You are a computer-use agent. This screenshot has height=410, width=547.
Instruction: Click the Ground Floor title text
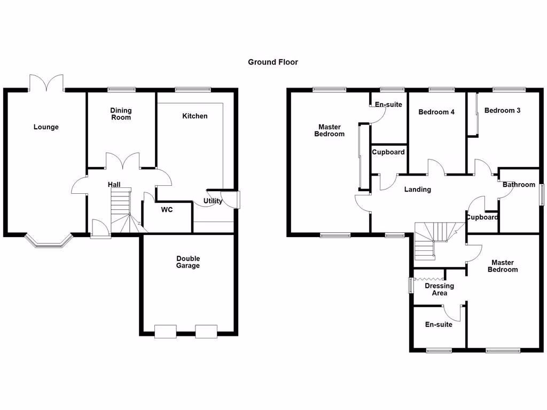[272, 62]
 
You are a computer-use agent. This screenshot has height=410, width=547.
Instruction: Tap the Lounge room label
[46, 127]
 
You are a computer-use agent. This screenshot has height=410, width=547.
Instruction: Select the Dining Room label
[121, 114]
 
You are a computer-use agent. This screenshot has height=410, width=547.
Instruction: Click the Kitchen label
[195, 116]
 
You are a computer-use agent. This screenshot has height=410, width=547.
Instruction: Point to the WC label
[167, 210]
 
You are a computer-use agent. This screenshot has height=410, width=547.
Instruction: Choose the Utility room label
[213, 201]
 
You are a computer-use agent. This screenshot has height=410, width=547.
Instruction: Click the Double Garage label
[188, 262]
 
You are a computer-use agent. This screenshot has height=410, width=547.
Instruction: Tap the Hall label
[114, 185]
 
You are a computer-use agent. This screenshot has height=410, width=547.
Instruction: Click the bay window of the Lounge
[48, 243]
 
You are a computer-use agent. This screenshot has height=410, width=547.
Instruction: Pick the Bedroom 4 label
[436, 112]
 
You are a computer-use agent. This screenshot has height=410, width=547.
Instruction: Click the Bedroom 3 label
[502, 111]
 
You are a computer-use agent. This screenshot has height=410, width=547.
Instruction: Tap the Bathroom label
[519, 185]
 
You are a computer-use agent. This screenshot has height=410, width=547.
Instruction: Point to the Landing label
[417, 190]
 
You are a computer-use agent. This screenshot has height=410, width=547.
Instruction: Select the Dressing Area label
[439, 289]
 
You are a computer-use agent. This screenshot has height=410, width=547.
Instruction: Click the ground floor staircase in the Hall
[121, 211]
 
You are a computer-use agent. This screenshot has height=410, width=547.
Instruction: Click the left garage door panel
[165, 332]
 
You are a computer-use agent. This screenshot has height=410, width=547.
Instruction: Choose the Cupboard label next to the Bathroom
[482, 217]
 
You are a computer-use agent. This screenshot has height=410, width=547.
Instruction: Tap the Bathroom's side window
[541, 194]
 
